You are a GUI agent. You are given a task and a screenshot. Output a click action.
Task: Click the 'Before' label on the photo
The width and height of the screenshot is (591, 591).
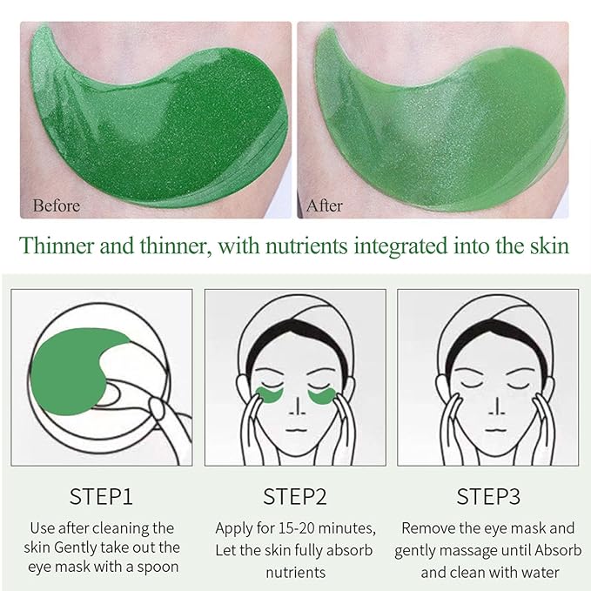(57, 206)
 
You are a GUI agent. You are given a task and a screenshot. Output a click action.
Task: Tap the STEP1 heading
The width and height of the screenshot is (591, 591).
(101, 497)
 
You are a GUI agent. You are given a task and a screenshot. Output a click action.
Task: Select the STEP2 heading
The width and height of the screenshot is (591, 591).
(295, 497)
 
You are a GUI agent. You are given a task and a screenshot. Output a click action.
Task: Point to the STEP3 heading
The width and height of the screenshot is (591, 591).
(488, 497)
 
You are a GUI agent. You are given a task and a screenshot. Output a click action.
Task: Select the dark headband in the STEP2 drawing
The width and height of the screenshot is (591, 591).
(296, 335)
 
